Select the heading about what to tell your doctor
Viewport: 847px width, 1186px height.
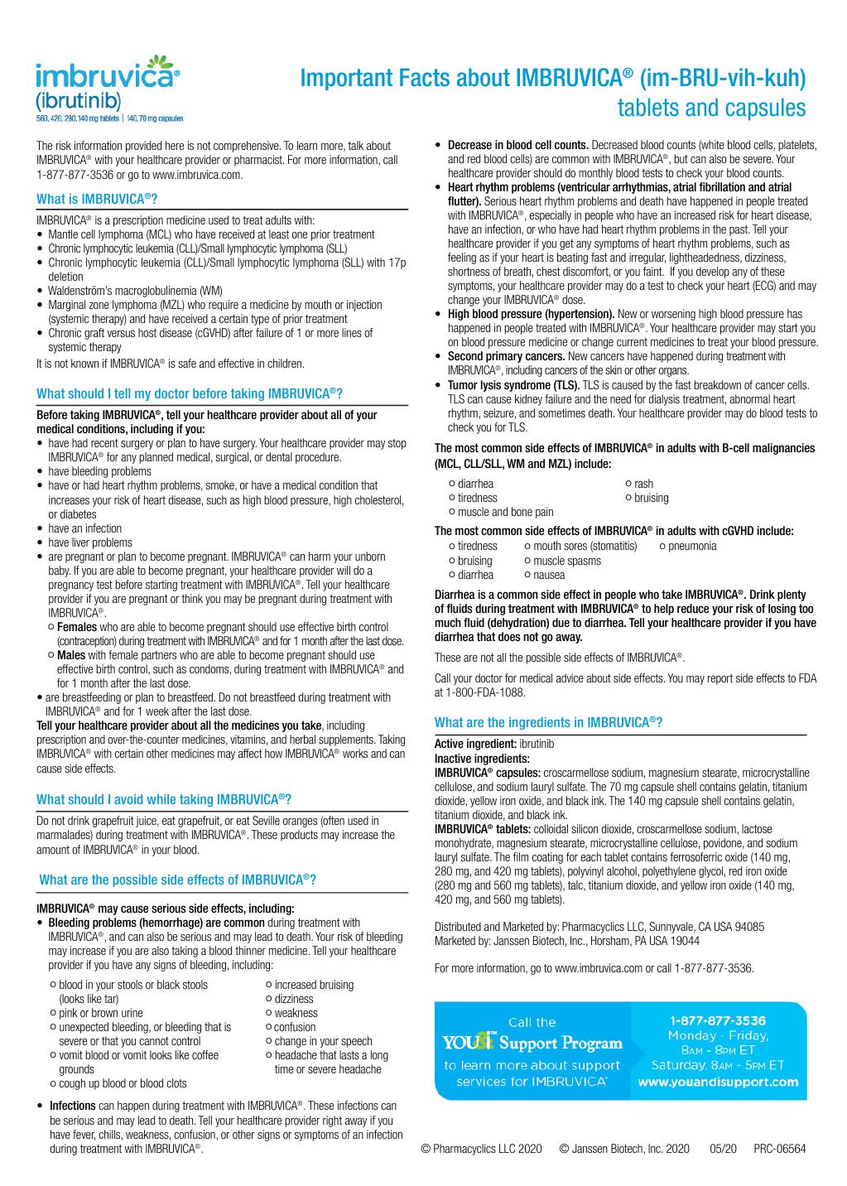pyautogui.click(x=190, y=393)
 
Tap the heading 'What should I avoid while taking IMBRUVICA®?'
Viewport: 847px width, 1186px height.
pyautogui.click(x=164, y=800)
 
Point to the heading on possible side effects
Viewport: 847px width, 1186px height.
pyautogui.click(x=178, y=880)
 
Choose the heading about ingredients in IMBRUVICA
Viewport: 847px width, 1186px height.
pyautogui.click(x=548, y=722)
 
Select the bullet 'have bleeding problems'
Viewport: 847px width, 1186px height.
pyautogui.click(x=99, y=471)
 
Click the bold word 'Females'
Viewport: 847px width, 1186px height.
pyautogui.click(x=77, y=627)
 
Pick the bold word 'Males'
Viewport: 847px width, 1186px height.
pyautogui.click(x=71, y=655)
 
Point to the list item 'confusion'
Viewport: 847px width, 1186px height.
pyautogui.click(x=295, y=1027)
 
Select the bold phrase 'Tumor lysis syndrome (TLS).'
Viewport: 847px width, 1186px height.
pyautogui.click(x=514, y=385)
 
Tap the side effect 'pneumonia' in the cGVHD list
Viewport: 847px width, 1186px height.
pyautogui.click(x=692, y=546)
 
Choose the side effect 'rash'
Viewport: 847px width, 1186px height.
pyautogui.click(x=643, y=484)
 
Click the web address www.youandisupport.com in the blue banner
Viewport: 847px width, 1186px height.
pyautogui.click(x=718, y=1082)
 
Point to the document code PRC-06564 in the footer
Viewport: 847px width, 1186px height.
pyautogui.click(x=779, y=1149)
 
